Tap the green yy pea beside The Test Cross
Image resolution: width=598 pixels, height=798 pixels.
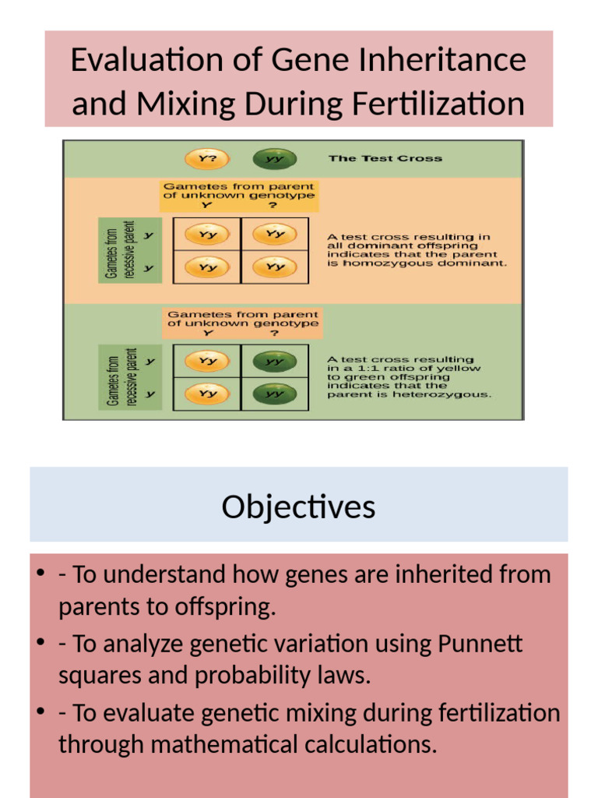(x=274, y=158)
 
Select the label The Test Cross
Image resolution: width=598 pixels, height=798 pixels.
(x=385, y=158)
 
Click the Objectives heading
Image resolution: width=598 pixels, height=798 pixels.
(x=298, y=507)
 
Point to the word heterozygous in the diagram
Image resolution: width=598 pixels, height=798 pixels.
(x=452, y=394)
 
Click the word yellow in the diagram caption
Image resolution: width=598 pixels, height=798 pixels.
(x=462, y=369)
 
